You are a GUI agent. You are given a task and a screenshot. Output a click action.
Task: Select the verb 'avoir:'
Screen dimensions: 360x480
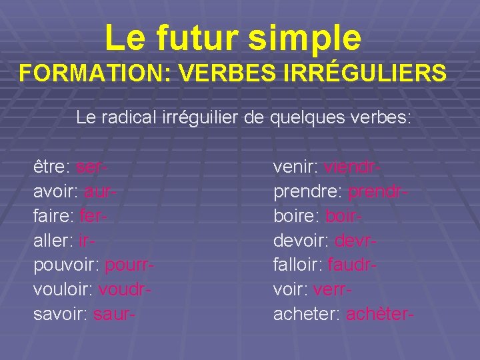point(55,191)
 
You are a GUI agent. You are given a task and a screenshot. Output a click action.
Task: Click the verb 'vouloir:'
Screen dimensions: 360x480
point(63,290)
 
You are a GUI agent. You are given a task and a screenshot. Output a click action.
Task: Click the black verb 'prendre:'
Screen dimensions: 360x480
point(307,191)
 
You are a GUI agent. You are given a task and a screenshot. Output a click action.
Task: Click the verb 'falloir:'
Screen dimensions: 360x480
point(297,265)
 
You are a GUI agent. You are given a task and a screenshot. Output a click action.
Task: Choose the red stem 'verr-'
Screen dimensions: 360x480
point(333,290)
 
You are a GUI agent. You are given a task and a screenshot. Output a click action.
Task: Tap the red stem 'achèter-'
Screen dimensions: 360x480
point(380,315)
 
